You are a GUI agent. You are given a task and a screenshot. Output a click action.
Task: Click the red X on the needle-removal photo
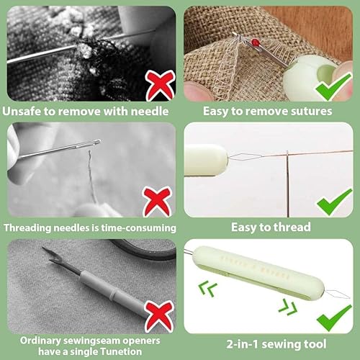160,86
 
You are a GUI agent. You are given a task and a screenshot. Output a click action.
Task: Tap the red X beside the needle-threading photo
157,202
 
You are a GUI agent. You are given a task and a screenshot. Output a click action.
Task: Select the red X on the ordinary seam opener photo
159,316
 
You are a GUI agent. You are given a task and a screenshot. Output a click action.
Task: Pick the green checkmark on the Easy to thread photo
334,202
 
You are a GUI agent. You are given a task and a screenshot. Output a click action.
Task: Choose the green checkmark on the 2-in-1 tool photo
334,318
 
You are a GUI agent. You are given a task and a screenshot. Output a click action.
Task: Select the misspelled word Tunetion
121,351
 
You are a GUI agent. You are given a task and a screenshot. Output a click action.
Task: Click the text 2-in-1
242,344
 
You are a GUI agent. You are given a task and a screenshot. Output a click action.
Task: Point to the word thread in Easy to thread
292,227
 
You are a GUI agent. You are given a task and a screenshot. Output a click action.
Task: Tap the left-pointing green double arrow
207,289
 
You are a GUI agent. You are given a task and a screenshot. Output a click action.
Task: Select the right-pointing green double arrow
288,307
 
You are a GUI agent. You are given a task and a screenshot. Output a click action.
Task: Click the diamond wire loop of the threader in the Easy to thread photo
245,157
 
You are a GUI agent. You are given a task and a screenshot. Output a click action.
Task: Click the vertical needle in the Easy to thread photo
287,184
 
